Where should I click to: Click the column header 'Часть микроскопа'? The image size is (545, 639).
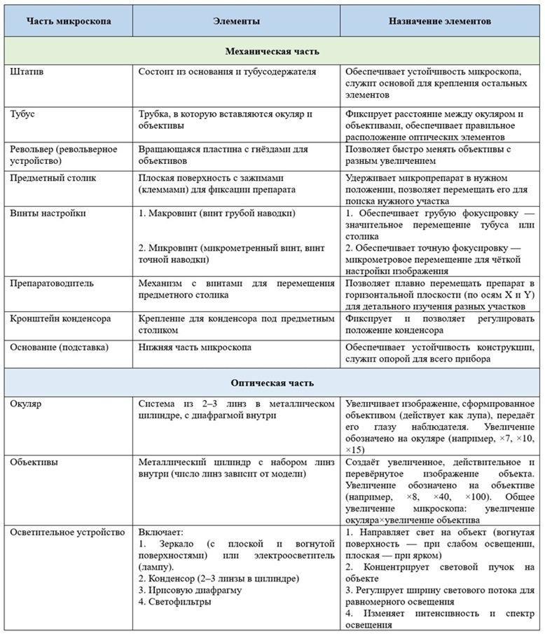point(68,22)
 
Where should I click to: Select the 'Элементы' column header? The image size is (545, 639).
point(236,22)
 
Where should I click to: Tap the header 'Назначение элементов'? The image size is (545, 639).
point(439,22)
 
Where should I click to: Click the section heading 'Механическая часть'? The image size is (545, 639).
point(272,51)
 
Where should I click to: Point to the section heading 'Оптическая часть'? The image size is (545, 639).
point(272,383)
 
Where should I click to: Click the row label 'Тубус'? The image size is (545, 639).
point(23,114)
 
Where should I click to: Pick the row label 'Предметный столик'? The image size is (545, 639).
point(53,178)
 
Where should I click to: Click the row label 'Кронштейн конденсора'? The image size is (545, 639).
point(60,318)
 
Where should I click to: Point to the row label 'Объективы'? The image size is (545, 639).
point(34,462)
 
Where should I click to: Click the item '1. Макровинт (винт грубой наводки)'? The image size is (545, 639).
point(216,212)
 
